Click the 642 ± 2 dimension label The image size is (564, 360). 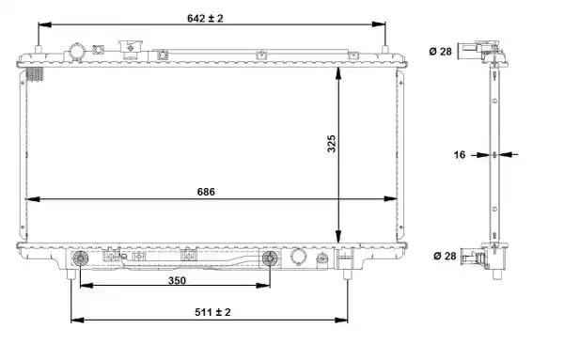(x=205, y=18)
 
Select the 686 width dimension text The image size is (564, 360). (x=206, y=192)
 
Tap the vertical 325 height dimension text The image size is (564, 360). (x=331, y=144)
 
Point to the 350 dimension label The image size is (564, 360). (x=177, y=280)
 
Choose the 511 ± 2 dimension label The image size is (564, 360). (x=212, y=312)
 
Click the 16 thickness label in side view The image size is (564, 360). (x=460, y=155)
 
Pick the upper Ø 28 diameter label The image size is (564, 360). (x=440, y=52)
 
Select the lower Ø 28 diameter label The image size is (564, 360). (x=445, y=256)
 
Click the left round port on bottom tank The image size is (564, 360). (x=80, y=258)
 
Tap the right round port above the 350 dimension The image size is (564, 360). (x=270, y=258)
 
